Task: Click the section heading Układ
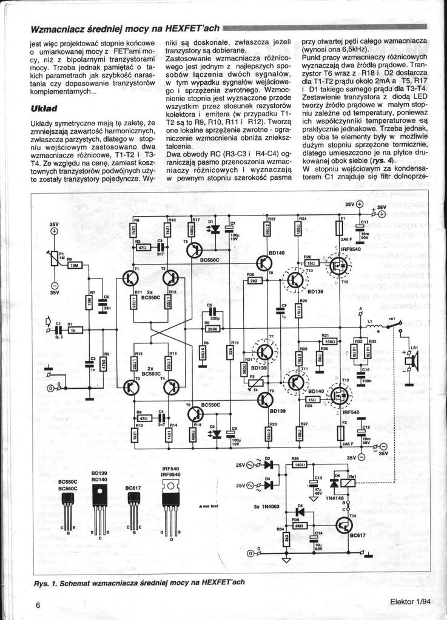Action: click(43, 108)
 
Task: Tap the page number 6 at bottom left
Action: click(38, 605)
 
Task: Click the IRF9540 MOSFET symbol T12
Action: click(340, 265)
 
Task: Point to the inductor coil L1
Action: click(371, 328)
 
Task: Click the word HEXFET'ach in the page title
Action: click(193, 29)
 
